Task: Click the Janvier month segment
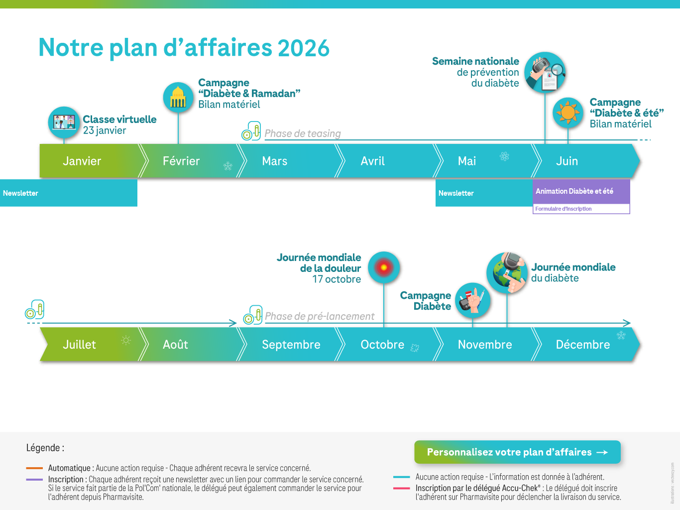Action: [83, 161]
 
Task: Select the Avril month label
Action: [372, 161]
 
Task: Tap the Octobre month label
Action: [382, 345]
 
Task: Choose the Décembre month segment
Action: [582, 345]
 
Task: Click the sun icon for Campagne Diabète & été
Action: [567, 113]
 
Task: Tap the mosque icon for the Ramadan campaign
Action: [178, 97]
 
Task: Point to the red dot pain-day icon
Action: [384, 267]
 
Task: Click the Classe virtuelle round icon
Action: [64, 122]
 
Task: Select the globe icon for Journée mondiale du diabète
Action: [507, 272]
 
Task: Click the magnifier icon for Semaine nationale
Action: [545, 72]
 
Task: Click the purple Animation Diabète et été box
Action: [581, 191]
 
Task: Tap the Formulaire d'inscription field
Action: [581, 209]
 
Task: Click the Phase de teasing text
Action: [303, 133]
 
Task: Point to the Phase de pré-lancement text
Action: [320, 316]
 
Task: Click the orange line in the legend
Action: [34, 468]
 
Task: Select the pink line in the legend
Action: [401, 488]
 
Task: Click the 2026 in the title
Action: [303, 48]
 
